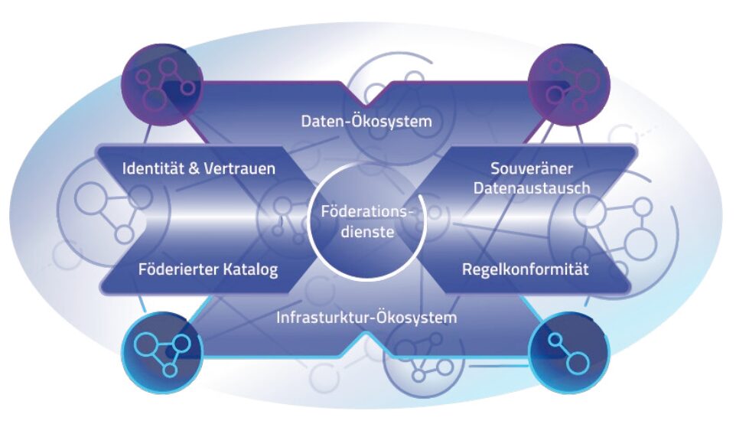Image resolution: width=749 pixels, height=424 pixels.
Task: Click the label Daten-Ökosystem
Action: point(366,121)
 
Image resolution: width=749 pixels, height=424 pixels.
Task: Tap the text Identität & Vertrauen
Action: point(199,168)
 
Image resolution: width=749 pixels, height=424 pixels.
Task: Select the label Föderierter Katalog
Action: point(208,269)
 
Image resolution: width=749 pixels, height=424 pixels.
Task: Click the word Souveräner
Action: point(532,168)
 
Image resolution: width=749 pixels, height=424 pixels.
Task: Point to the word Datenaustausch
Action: point(532,188)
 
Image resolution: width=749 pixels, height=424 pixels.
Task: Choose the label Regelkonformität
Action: point(526,269)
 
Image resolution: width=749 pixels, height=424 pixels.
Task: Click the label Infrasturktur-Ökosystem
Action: point(366,318)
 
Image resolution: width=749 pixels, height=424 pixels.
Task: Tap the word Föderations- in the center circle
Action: point(366,211)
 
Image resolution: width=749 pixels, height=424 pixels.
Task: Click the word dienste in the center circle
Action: point(367,233)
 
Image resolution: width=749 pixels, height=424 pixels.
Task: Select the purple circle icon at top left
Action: point(162,86)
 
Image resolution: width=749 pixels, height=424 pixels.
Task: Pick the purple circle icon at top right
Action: point(569,86)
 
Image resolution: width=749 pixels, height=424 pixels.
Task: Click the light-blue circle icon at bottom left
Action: point(162,352)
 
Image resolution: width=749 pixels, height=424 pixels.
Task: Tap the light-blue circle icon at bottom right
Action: point(569,352)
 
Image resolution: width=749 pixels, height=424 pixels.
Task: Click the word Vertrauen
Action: point(239,168)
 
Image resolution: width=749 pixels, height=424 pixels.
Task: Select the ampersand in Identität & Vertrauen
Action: point(194,168)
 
